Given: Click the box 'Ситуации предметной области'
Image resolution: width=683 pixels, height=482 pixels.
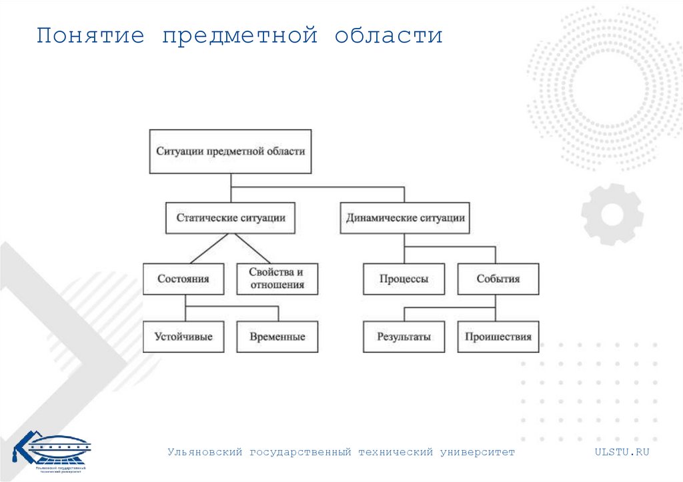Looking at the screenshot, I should coord(230,151).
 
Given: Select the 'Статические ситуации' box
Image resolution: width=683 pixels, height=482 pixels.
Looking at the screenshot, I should coord(230,218).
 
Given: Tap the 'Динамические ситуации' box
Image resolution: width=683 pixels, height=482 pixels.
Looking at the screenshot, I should coord(405,218).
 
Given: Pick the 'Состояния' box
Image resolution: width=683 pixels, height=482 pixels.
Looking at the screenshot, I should coord(183,279).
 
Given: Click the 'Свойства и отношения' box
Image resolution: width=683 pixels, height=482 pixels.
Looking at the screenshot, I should coord(277,279).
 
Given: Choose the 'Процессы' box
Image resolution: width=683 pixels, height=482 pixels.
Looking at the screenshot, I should coord(404,279).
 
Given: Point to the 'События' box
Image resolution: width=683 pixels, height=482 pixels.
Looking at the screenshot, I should coord(498,279).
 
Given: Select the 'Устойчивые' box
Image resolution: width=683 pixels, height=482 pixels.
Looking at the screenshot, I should coord(183,337).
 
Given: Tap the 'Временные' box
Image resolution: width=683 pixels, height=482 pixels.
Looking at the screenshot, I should coord(277,337).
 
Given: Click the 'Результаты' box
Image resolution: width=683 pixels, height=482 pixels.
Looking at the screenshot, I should coord(404,337).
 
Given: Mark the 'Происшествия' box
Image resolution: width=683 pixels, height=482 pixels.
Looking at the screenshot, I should coord(498,337).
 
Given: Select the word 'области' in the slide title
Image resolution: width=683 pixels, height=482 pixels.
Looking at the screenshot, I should coord(388,35).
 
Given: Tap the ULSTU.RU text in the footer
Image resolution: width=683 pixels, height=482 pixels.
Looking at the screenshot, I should coord(622,452).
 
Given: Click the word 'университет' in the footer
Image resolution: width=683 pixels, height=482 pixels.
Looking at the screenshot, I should coord(478,452).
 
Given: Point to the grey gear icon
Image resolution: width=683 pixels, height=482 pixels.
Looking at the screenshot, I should coord(612,214).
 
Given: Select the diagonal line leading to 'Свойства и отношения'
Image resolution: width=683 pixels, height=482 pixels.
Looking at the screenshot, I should coord(251,248).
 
